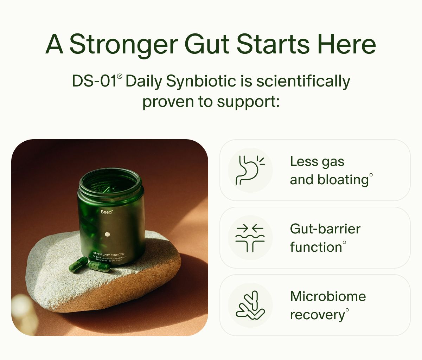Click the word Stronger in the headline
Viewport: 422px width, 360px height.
coord(124,45)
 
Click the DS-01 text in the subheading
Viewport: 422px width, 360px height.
coord(94,82)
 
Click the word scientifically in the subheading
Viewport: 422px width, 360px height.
coord(303,82)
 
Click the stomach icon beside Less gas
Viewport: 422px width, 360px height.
coord(250,170)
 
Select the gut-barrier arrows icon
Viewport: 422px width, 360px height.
coord(250,238)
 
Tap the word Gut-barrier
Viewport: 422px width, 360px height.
coord(325,229)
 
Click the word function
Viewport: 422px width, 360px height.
coord(316,247)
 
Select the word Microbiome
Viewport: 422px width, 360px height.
coord(328,296)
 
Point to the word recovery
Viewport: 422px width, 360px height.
coord(317,315)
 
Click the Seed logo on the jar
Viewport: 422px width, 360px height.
coord(106,212)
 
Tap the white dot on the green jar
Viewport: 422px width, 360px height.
coord(108,234)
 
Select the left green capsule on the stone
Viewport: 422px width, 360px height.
coord(78,264)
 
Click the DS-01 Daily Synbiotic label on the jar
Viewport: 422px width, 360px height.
coord(109,254)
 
